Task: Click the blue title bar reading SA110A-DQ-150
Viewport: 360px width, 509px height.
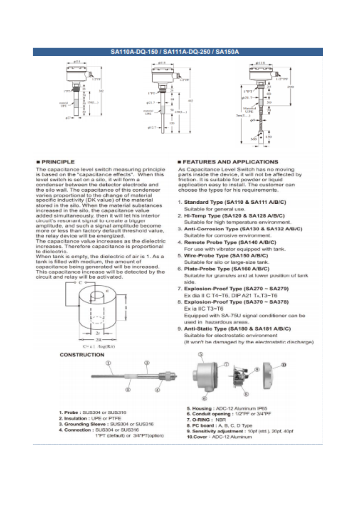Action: (178, 52)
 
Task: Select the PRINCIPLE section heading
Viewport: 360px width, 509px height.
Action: (58, 162)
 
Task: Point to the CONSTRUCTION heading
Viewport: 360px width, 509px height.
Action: (82, 355)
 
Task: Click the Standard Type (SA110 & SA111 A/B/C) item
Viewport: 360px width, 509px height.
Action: (235, 201)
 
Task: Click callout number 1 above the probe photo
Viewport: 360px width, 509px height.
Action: (109, 363)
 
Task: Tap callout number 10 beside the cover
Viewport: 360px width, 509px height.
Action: (284, 365)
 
